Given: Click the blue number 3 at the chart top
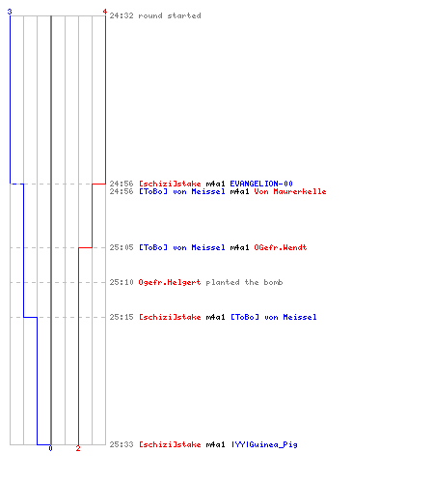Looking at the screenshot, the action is click(x=10, y=12).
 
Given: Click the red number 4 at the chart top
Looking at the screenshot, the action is click(x=105, y=12).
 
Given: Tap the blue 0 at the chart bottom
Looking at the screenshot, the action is click(x=50, y=448).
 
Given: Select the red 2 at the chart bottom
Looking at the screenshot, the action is click(x=78, y=448).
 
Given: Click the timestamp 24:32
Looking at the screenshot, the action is click(x=122, y=15).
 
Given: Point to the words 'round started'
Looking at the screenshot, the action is click(x=170, y=15).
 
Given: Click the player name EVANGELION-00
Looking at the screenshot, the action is click(x=261, y=184).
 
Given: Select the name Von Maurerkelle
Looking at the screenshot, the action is click(x=290, y=191).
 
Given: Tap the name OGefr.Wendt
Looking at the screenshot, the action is click(x=281, y=247).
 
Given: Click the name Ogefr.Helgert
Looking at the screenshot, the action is click(x=170, y=282).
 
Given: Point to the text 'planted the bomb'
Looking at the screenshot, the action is click(x=244, y=282).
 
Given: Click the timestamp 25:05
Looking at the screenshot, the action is click(x=122, y=247).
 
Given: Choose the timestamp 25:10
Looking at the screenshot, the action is click(x=122, y=282).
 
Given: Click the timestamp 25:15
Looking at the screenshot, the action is click(x=122, y=317).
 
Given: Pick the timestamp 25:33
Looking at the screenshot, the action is click(x=122, y=444).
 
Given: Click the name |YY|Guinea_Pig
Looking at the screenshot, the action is click(x=264, y=444).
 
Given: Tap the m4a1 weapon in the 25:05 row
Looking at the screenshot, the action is click(x=240, y=247).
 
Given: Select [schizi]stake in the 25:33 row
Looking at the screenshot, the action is click(x=170, y=444).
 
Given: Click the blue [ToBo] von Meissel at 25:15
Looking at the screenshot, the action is click(x=274, y=317).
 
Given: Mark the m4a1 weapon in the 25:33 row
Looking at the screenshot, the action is click(x=215, y=444).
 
